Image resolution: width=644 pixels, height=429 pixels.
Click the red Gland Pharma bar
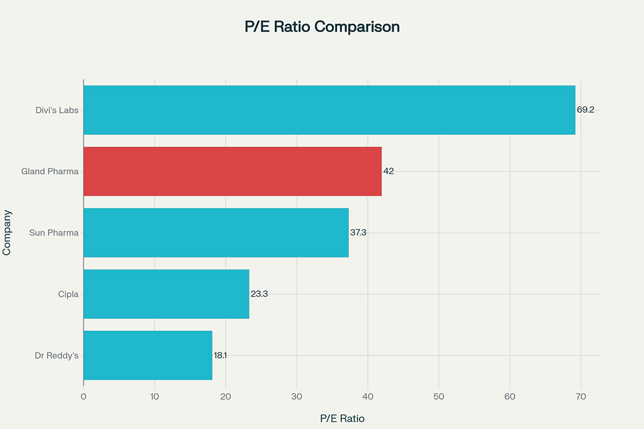pyautogui.click(x=232, y=171)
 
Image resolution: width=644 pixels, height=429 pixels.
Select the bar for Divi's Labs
pyautogui.click(x=329, y=110)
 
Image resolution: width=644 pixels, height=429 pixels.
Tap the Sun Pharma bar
pyautogui.click(x=216, y=233)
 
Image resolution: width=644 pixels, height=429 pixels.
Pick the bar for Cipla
pyautogui.click(x=166, y=294)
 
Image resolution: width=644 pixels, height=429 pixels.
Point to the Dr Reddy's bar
pyautogui.click(x=147, y=355)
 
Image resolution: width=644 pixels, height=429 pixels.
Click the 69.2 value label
pyautogui.click(x=586, y=110)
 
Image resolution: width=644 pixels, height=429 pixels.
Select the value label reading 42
pyautogui.click(x=388, y=171)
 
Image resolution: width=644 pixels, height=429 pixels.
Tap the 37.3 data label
pyautogui.click(x=358, y=233)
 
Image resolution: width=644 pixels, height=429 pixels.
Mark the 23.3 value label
pyautogui.click(x=259, y=294)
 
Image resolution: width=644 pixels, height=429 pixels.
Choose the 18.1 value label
pyautogui.click(x=220, y=355)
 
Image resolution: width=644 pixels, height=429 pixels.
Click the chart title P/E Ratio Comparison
pyautogui.click(x=321, y=27)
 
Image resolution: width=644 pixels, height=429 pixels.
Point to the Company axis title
pyautogui.click(x=8, y=233)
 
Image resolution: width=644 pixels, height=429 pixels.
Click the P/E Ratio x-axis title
pyautogui.click(x=342, y=418)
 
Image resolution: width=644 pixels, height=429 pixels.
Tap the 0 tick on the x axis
pyautogui.click(x=83, y=396)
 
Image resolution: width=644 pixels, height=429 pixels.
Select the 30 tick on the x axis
pyautogui.click(x=296, y=396)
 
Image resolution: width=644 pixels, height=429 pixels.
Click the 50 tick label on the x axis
pyautogui.click(x=439, y=396)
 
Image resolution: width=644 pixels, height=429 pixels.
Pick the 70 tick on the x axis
pyautogui.click(x=581, y=396)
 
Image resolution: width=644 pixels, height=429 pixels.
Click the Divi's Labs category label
pyautogui.click(x=57, y=110)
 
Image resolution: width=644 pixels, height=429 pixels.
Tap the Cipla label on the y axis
pyautogui.click(x=68, y=294)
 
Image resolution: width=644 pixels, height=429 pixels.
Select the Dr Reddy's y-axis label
pyautogui.click(x=57, y=355)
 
